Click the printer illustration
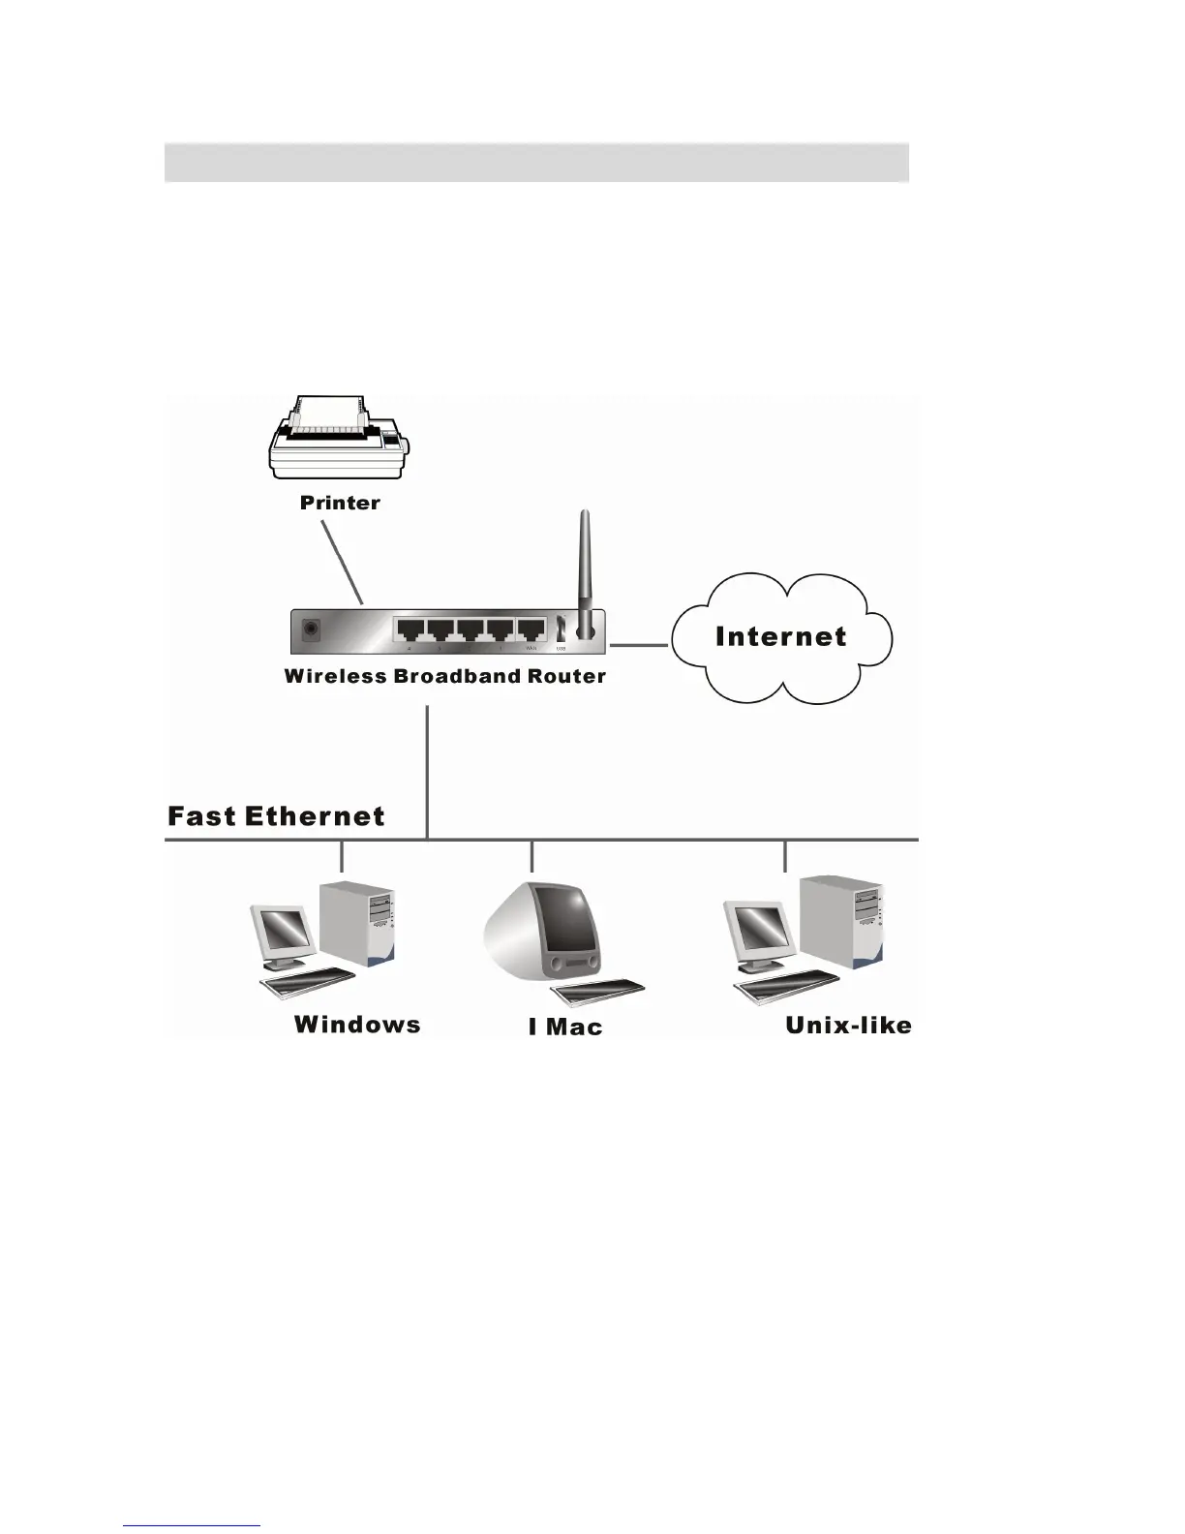338,439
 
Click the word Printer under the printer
340,503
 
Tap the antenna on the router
584,571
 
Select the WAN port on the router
531,631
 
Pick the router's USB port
561,630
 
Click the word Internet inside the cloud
780,636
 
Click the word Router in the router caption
566,677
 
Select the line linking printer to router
343,562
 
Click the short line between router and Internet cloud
639,644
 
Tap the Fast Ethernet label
276,816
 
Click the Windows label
357,1025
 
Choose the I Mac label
565,1027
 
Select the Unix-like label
848,1026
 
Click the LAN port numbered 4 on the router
410,631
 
